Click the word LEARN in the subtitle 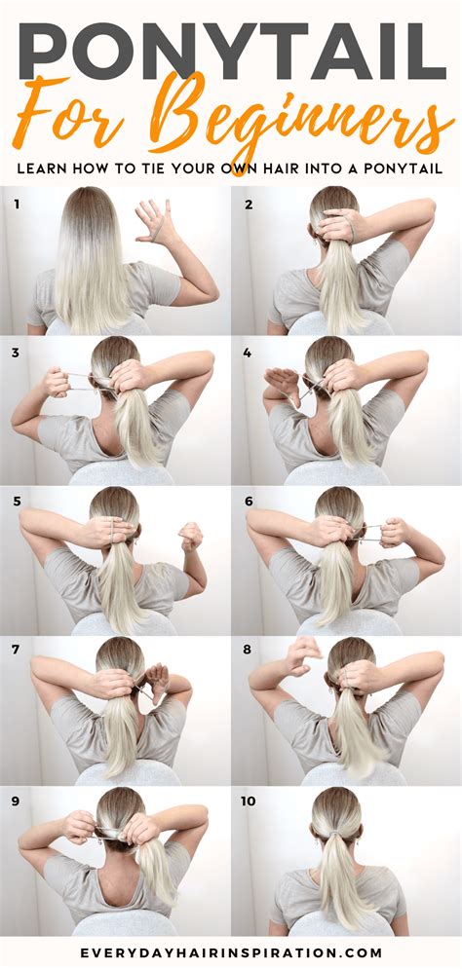point(38,168)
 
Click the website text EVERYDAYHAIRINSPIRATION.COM point(231,953)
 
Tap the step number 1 point(17,203)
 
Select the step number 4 point(249,353)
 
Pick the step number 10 point(250,801)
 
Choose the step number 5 point(17,502)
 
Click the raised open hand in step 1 point(156,222)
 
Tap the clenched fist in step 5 point(190,536)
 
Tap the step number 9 point(17,801)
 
